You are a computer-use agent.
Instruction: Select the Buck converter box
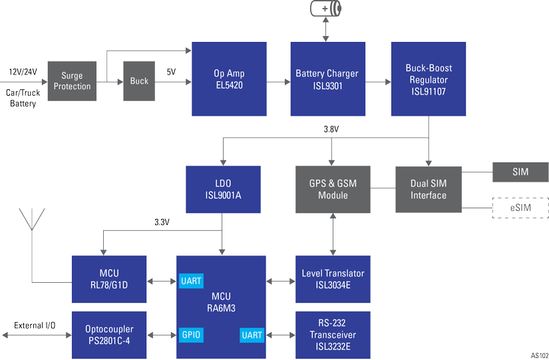[x=139, y=81]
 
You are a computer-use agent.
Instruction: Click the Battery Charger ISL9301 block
[x=327, y=79]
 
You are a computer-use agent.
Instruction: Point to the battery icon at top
[x=326, y=9]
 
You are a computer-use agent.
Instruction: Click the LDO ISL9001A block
[x=222, y=190]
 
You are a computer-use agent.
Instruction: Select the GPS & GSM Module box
[x=332, y=190]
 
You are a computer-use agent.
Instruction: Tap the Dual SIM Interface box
[x=429, y=190]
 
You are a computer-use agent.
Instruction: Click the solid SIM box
[x=520, y=172]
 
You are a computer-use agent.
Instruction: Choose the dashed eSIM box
[x=520, y=208]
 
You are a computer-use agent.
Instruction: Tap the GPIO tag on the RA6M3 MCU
[x=190, y=335]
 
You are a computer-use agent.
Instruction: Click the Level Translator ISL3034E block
[x=333, y=279]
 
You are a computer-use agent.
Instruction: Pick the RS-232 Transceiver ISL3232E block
[x=333, y=335]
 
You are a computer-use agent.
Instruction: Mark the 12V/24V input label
[x=23, y=71]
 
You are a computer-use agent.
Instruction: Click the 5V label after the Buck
[x=171, y=71]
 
